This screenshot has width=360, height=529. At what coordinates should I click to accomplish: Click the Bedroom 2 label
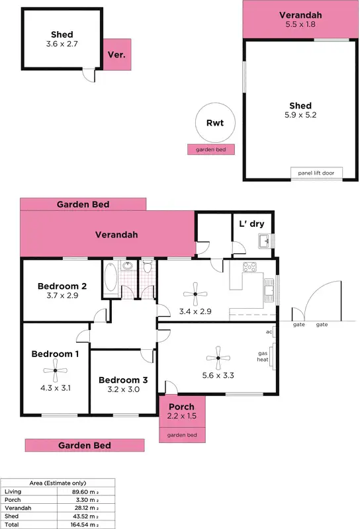click(62, 286)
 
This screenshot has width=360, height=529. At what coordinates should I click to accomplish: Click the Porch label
click(181, 407)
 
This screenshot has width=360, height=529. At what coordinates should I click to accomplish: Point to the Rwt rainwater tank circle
click(214, 122)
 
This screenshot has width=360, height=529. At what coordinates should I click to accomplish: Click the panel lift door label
click(315, 173)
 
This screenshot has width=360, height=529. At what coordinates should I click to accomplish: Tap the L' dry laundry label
click(251, 224)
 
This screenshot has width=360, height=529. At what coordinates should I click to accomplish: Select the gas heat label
click(263, 357)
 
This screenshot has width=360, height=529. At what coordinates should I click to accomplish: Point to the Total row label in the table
click(11, 524)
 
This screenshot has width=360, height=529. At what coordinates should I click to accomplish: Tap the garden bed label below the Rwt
click(211, 150)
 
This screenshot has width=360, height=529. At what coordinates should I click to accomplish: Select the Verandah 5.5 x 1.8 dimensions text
click(300, 24)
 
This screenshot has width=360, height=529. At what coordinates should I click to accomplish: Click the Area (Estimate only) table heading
click(58, 483)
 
